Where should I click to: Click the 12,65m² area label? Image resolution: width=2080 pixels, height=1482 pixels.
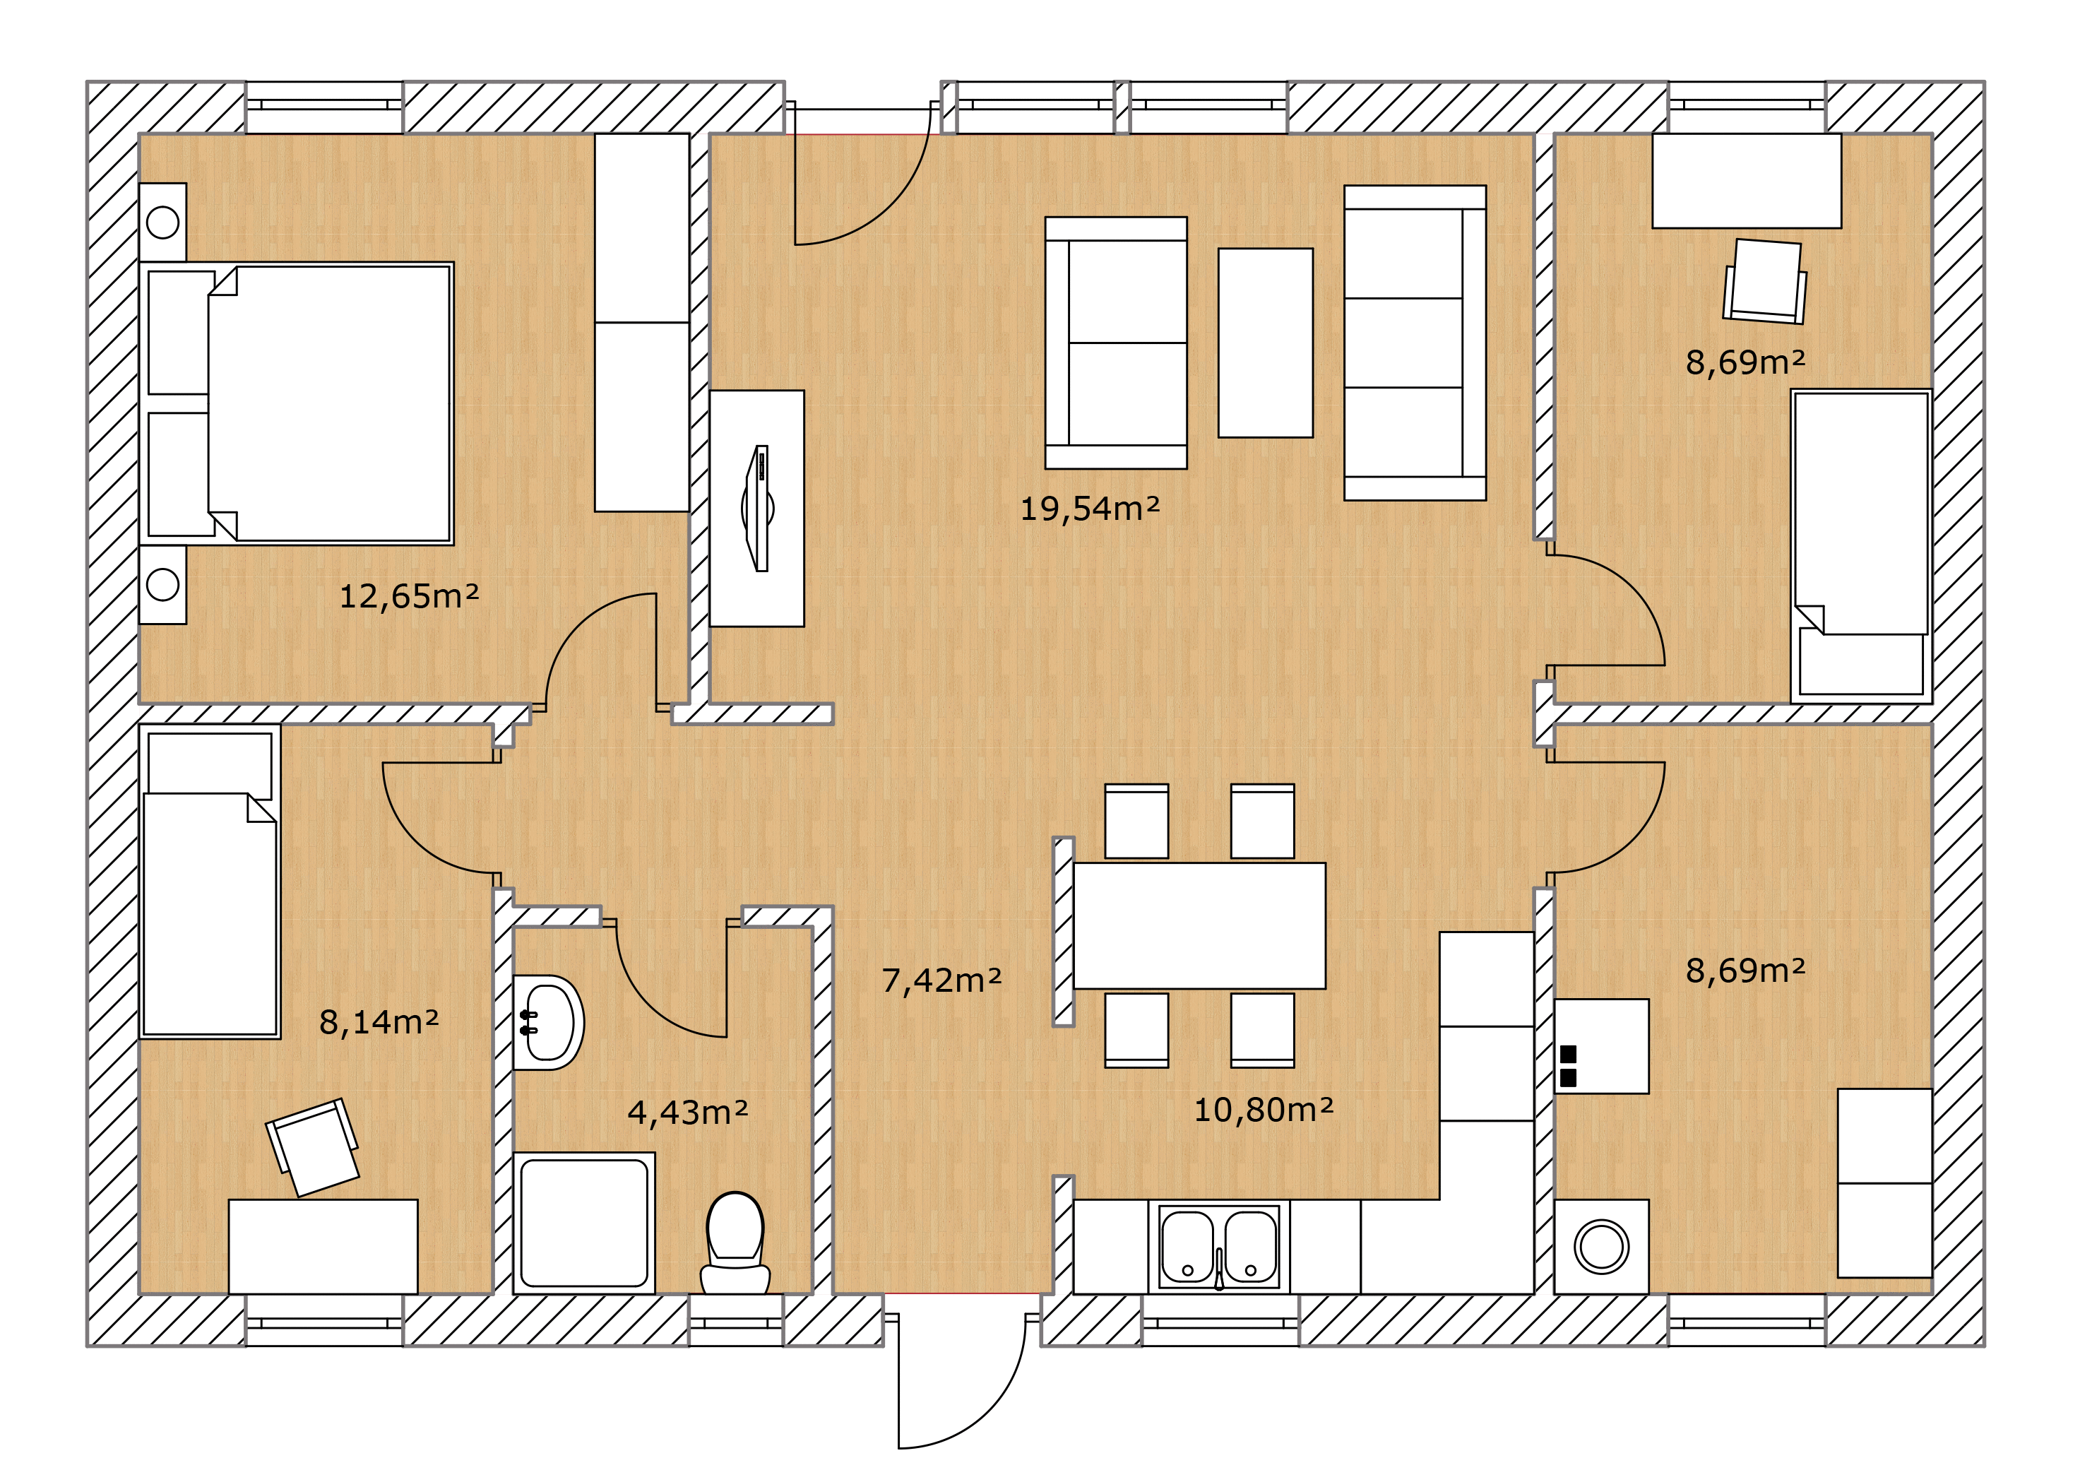coord(409,597)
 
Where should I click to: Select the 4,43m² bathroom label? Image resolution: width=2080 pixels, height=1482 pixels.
coord(688,1113)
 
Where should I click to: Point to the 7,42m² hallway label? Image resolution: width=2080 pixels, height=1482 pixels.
coord(941,980)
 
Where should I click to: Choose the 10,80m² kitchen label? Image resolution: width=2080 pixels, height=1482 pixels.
coord(1264,1110)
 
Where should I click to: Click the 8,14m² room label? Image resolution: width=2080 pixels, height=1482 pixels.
coord(379,1022)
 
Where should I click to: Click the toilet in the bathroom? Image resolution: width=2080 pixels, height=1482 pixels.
coord(735,1243)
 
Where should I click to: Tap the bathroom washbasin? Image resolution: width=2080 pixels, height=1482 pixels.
coord(547,1022)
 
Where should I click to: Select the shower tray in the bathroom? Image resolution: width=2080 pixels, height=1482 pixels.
coord(584,1223)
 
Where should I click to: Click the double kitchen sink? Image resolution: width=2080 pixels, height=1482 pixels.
coord(1219,1247)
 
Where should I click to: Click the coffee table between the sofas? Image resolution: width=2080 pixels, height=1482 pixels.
coord(1266,343)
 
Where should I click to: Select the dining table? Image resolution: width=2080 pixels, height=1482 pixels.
coord(1199,925)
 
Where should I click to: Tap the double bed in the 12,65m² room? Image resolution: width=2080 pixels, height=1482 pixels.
coord(297,403)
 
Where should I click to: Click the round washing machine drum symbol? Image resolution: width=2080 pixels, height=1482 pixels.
coord(1601,1247)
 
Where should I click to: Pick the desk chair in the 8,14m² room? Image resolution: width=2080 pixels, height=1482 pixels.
coord(312,1147)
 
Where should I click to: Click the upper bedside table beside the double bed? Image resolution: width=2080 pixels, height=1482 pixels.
coord(162,222)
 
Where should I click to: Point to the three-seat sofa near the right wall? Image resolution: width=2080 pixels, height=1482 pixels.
coord(1415,343)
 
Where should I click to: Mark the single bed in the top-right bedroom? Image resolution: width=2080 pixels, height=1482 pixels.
coord(1861,546)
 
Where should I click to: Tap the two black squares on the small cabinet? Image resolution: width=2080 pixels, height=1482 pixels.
coord(1568,1066)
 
